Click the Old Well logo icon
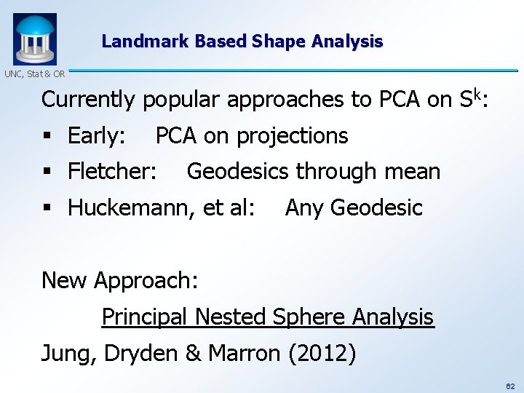pyautogui.click(x=34, y=39)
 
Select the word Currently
pyautogui.click(x=88, y=100)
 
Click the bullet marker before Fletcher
pyautogui.click(x=47, y=172)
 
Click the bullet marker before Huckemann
pyautogui.click(x=47, y=209)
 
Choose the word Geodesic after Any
pyautogui.click(x=376, y=208)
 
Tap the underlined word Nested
pyautogui.click(x=232, y=317)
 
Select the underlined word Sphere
pyautogui.click(x=309, y=317)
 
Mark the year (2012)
pyautogui.click(x=322, y=354)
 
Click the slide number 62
pyautogui.click(x=510, y=384)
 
